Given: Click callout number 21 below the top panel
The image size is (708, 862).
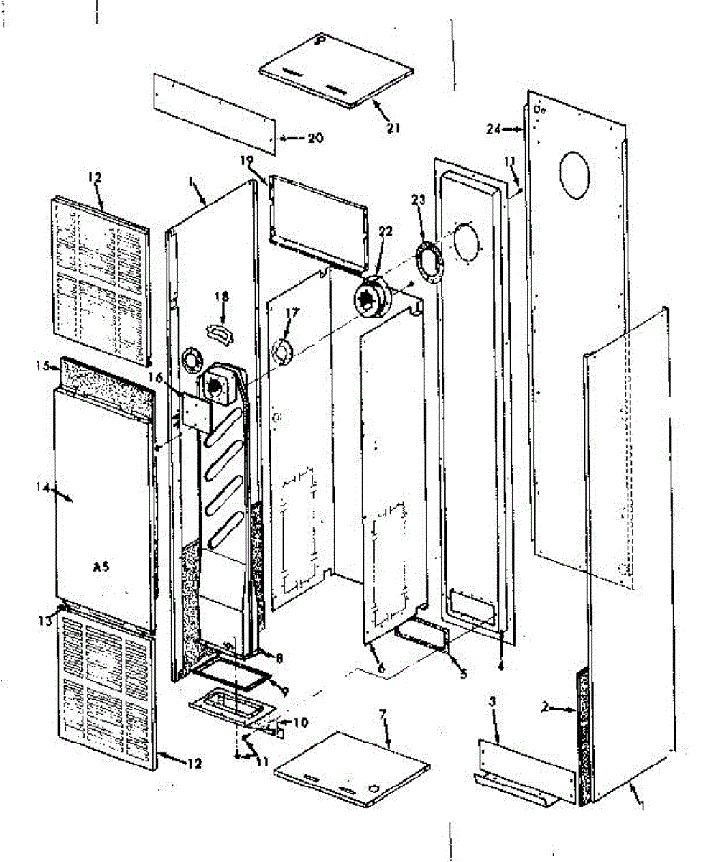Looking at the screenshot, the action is tap(393, 128).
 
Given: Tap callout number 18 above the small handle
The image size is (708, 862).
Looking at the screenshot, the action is tap(222, 295).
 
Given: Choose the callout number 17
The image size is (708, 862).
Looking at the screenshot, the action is tap(292, 312).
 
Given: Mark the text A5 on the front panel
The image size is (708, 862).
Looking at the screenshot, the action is tap(103, 566).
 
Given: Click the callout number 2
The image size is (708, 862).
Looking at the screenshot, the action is tap(546, 708).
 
